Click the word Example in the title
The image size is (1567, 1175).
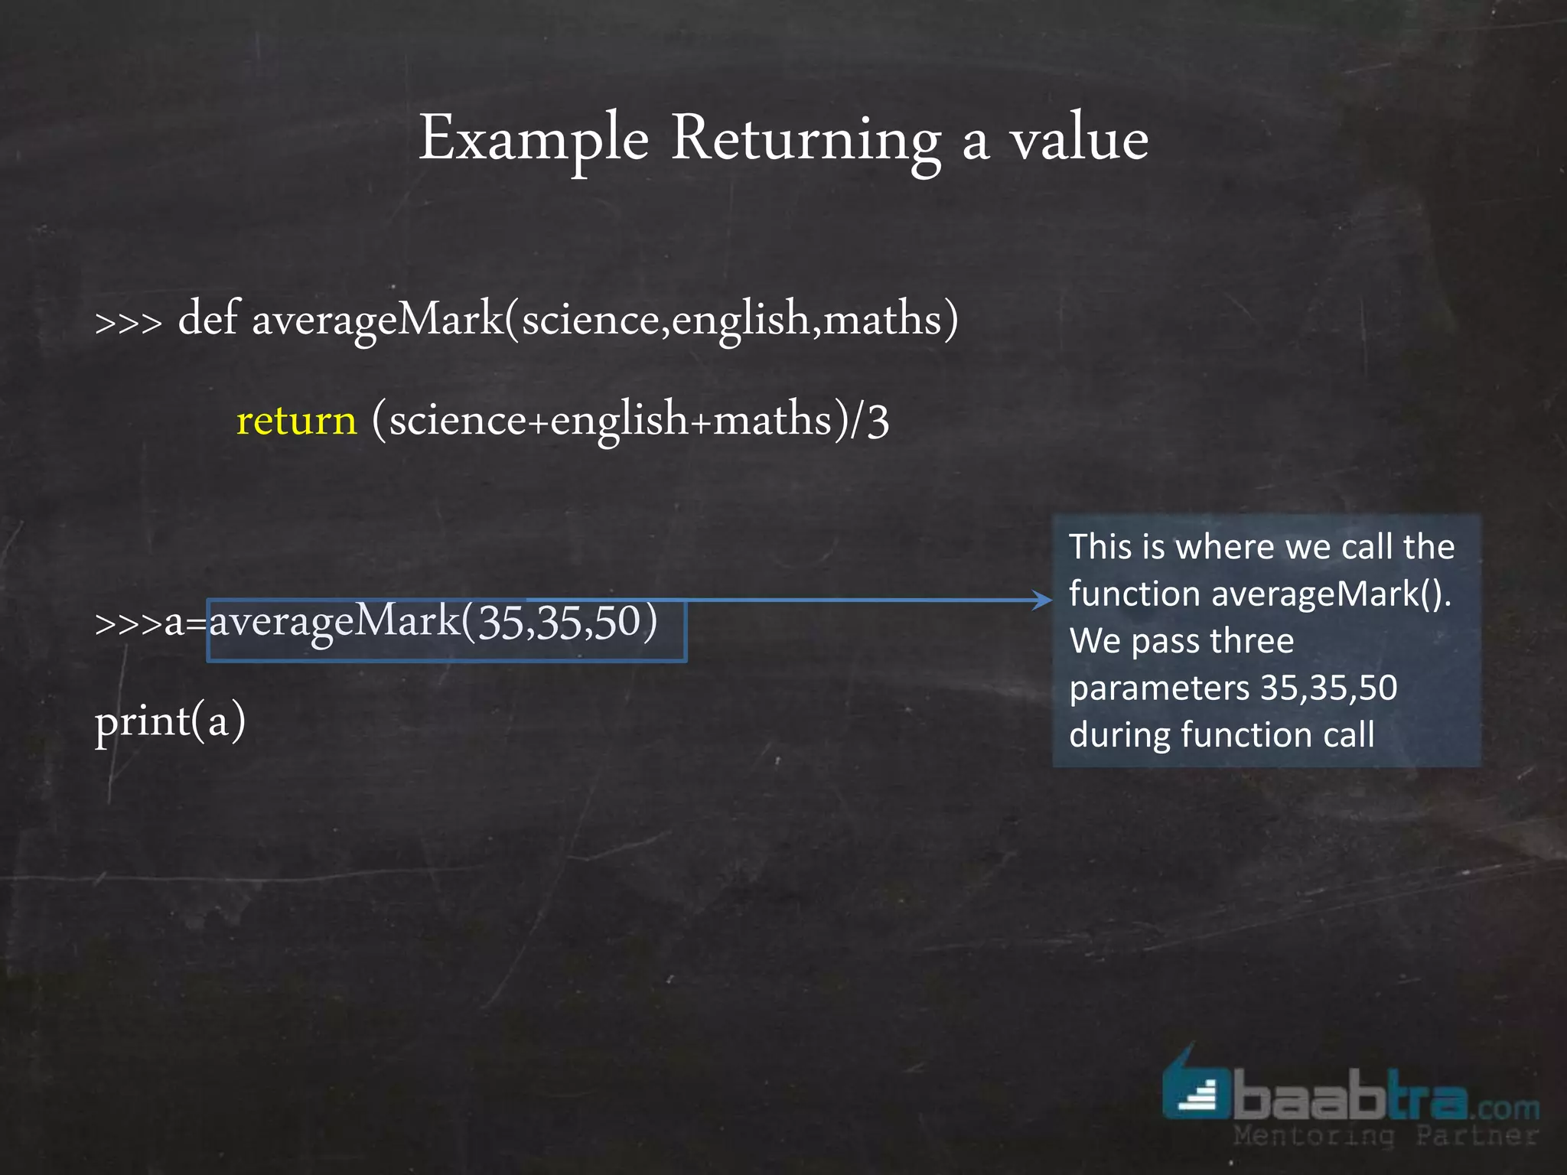(533, 139)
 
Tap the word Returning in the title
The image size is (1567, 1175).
(806, 139)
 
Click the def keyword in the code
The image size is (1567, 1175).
(208, 318)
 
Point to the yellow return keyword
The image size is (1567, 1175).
(297, 420)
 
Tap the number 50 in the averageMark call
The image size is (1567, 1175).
(617, 621)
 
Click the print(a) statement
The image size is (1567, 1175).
(170, 721)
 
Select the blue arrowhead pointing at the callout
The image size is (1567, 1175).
(1042, 600)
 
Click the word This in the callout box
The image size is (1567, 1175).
(1100, 547)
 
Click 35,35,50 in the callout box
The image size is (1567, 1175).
(1329, 688)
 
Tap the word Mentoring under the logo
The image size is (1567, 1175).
(1314, 1135)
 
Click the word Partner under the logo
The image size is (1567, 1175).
(1476, 1135)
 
